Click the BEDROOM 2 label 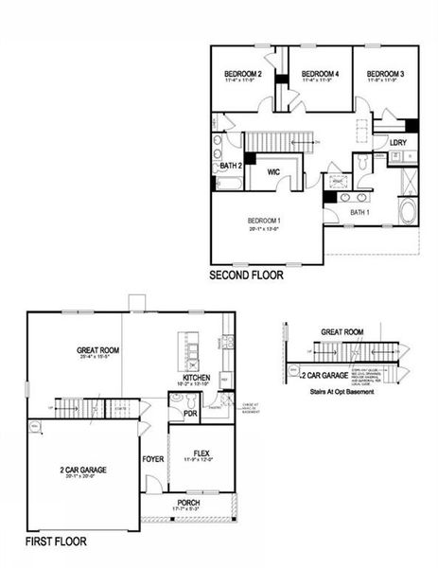click(x=242, y=74)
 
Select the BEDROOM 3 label click(x=386, y=74)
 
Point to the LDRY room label click(x=397, y=143)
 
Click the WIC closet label click(x=273, y=172)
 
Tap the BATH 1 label click(x=359, y=213)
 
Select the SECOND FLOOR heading click(x=247, y=276)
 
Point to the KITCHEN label click(x=194, y=379)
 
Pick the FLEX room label click(x=201, y=453)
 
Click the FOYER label click(x=153, y=459)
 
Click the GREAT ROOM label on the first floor click(x=96, y=350)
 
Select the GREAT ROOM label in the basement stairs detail click(x=342, y=332)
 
